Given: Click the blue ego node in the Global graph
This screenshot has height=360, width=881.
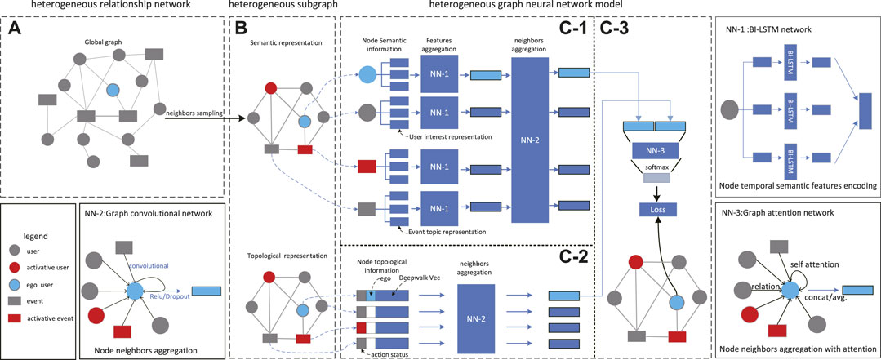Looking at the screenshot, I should coord(113,88).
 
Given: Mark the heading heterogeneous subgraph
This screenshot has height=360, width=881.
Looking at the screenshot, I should coord(276,7).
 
